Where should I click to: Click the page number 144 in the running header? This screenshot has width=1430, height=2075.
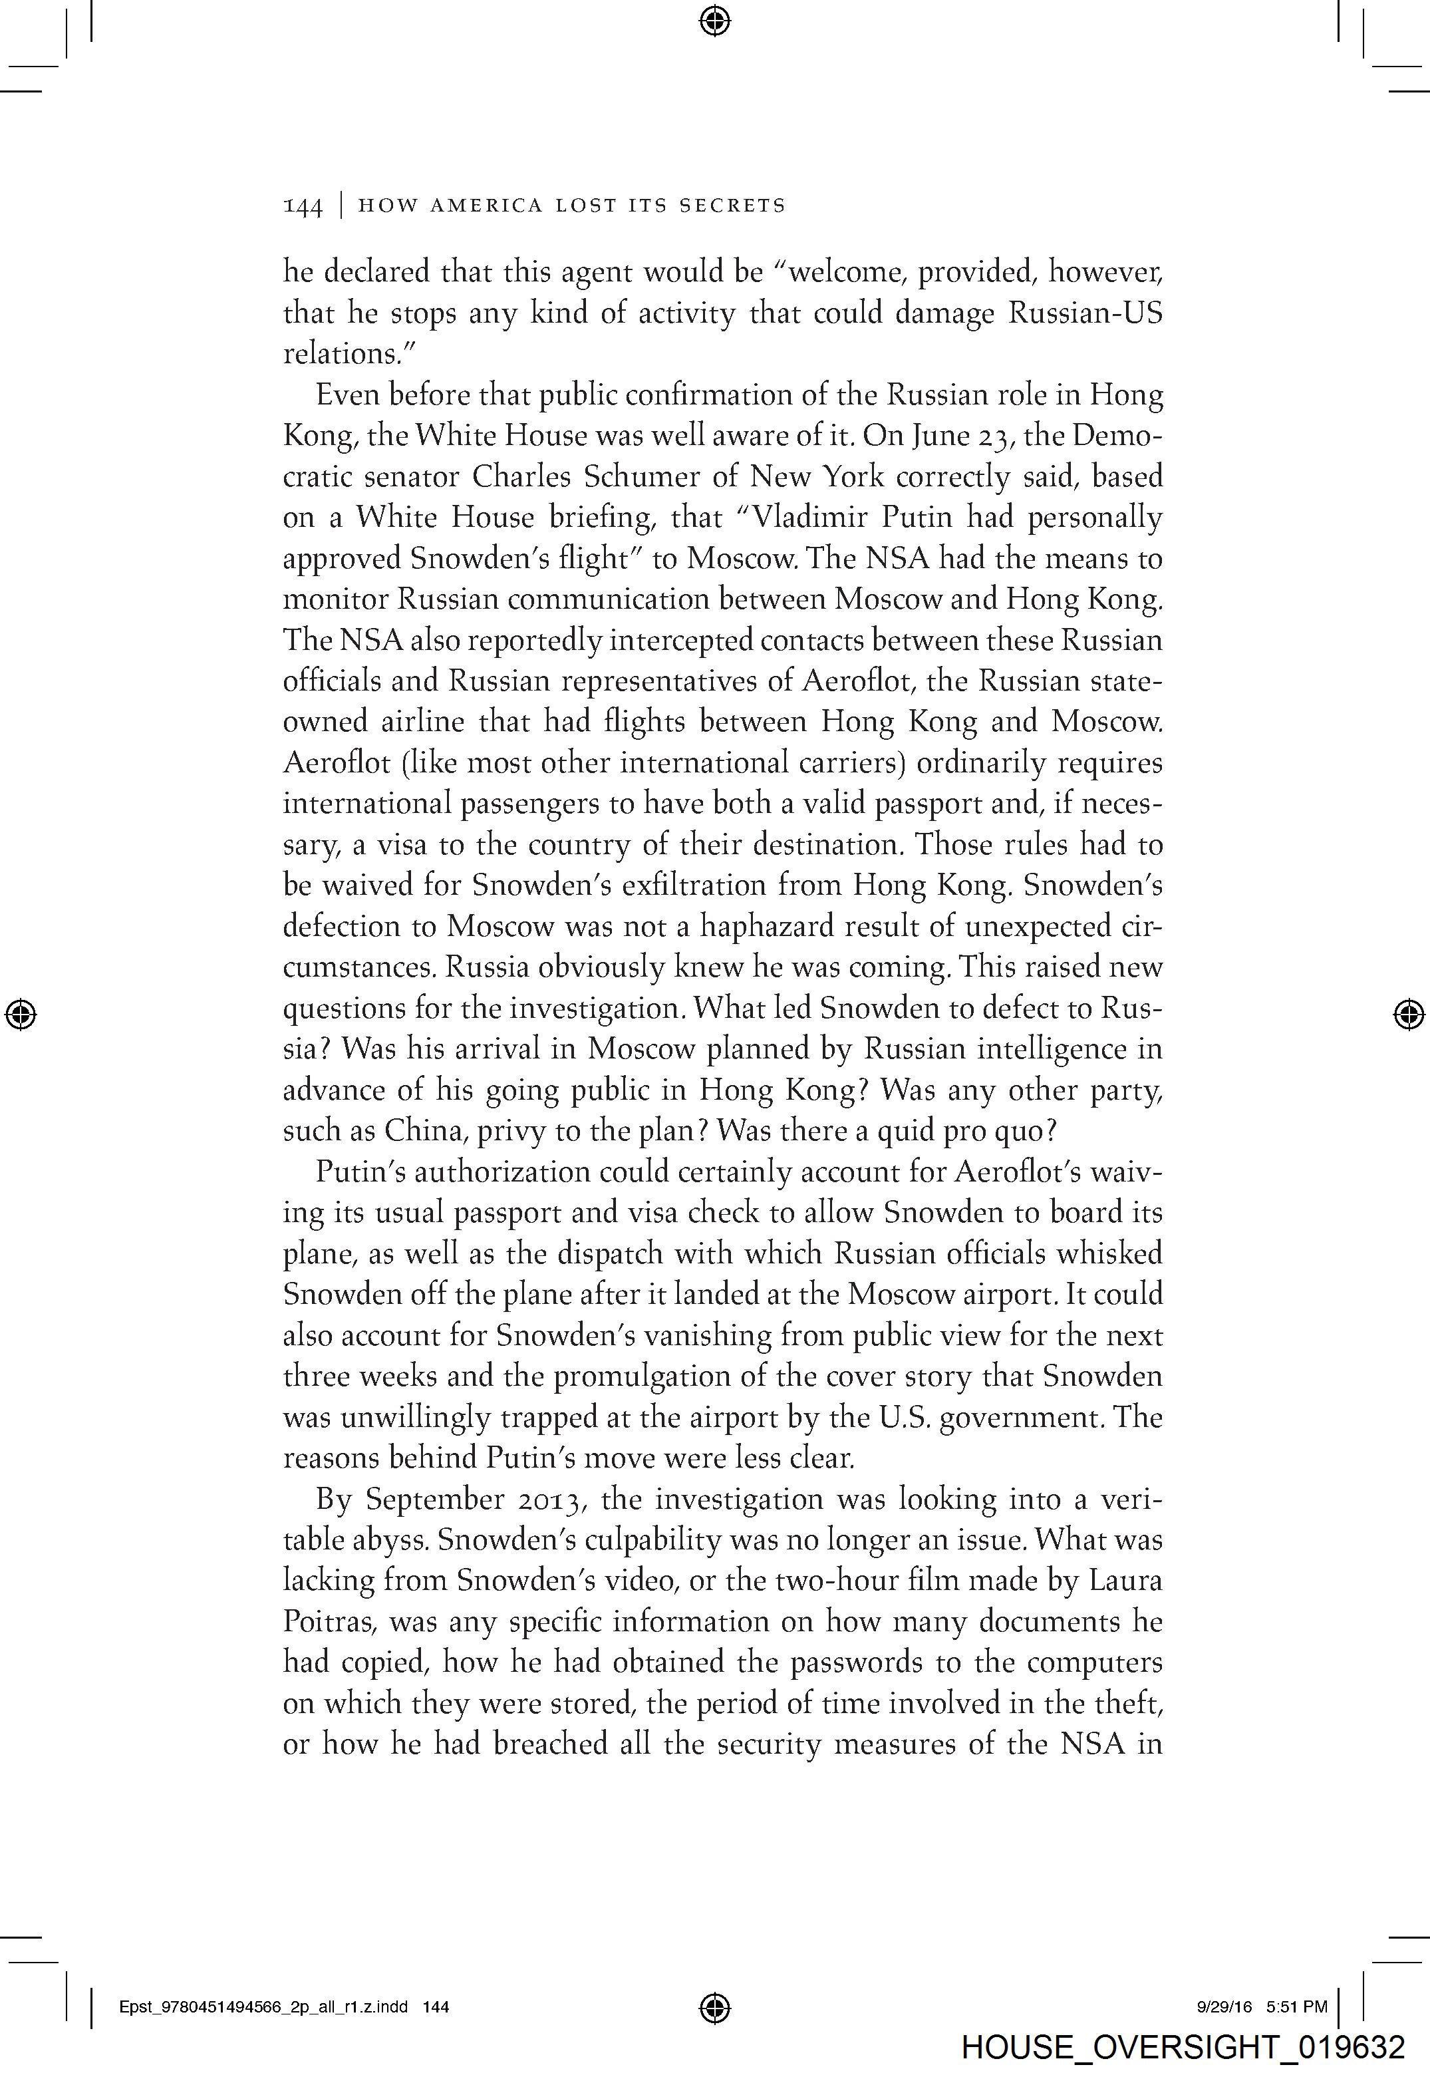[x=302, y=207]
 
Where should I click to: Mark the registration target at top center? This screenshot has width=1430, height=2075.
[x=714, y=21]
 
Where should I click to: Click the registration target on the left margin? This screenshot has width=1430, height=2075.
[x=21, y=1014]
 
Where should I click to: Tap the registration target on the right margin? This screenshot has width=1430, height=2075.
[x=1409, y=1014]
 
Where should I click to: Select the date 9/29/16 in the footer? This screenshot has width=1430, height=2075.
[x=1223, y=2008]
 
